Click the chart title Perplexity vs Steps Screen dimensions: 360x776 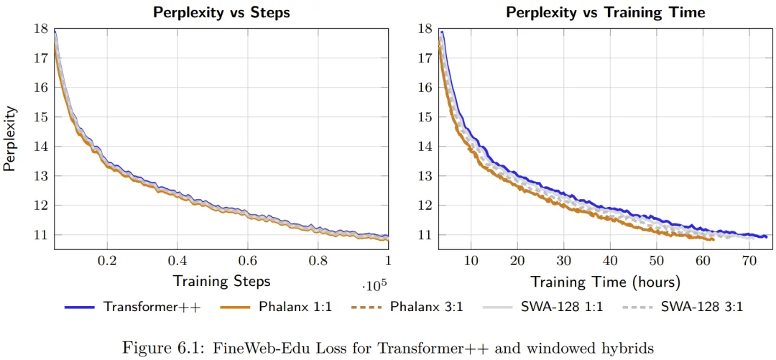tap(221, 12)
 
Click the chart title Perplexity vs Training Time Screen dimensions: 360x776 tap(606, 12)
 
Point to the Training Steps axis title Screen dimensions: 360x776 tap(221, 280)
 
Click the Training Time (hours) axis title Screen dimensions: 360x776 tap(606, 280)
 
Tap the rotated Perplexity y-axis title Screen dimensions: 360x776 tap(9, 139)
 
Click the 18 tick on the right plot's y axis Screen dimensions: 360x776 tap(425, 29)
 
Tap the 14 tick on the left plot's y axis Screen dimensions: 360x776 tap(41, 147)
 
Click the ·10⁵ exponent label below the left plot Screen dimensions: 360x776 tap(371, 286)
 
